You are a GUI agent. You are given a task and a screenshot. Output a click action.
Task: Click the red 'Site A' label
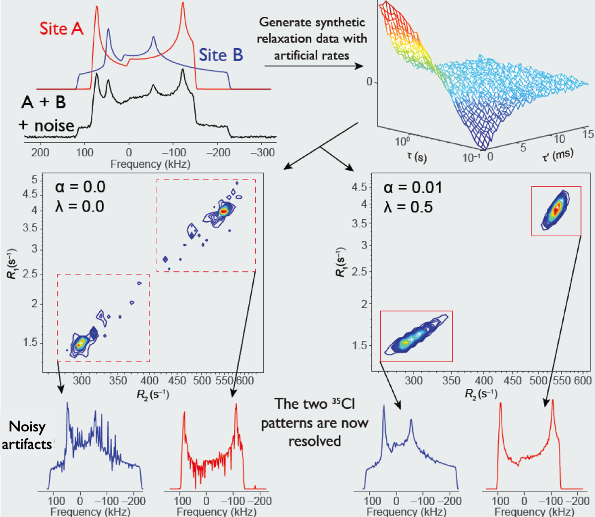pos(61,29)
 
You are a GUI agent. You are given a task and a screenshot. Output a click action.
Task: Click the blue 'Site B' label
pos(221,55)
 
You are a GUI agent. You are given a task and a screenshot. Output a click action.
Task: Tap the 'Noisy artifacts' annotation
pos(27,435)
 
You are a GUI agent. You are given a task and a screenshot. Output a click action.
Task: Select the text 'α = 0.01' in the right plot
pos(413,188)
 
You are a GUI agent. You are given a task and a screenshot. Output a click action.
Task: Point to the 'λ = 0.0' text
pos(80,205)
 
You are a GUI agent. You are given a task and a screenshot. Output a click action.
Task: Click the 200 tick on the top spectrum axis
pos(40,152)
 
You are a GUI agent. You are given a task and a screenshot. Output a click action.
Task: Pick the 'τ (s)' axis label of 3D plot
pos(416,157)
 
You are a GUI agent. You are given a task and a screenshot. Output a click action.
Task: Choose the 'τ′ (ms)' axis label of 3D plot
pos(557,154)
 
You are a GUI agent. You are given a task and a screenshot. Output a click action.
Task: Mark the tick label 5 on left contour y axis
pos(34,180)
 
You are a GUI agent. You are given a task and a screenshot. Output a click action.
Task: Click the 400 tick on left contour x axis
pos(149,380)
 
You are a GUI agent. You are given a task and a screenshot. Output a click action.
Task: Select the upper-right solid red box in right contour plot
pos(556,211)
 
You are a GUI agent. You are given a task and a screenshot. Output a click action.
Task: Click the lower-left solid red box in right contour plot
pos(416,336)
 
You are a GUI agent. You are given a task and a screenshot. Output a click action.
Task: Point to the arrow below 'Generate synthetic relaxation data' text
pos(313,65)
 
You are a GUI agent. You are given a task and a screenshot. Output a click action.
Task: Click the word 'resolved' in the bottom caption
pos(314,441)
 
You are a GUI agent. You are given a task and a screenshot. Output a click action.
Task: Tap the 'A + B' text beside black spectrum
pos(44,102)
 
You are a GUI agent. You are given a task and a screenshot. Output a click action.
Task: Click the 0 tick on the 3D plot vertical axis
pos(369,82)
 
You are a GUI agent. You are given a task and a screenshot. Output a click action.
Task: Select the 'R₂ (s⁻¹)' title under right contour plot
pos(481,394)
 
